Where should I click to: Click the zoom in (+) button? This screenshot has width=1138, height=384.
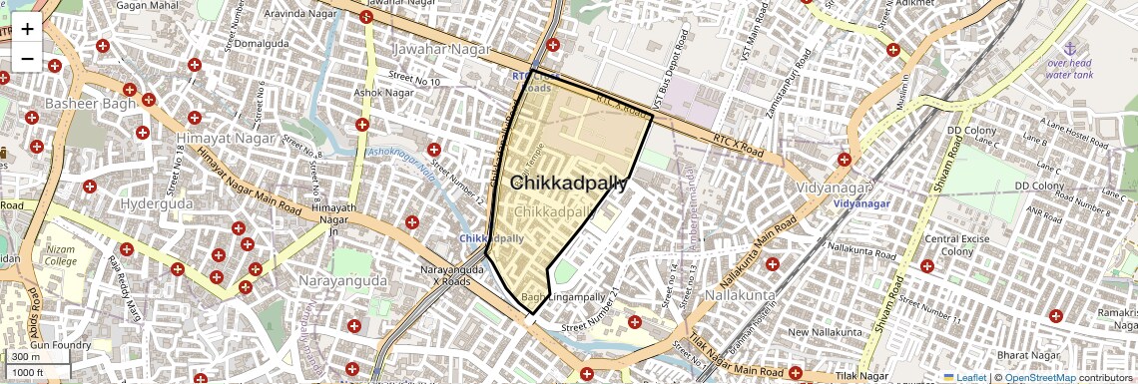coord(27,29)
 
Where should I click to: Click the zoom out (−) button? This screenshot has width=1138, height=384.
coord(27,59)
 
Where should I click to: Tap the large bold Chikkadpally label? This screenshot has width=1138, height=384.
coord(569,183)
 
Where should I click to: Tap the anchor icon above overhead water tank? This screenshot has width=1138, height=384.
coord(1070,48)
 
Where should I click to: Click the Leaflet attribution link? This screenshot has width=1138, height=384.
coord(965,377)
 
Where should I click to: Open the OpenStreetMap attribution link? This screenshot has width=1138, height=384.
coord(1039,377)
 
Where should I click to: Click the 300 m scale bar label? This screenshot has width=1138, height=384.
coord(26,356)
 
